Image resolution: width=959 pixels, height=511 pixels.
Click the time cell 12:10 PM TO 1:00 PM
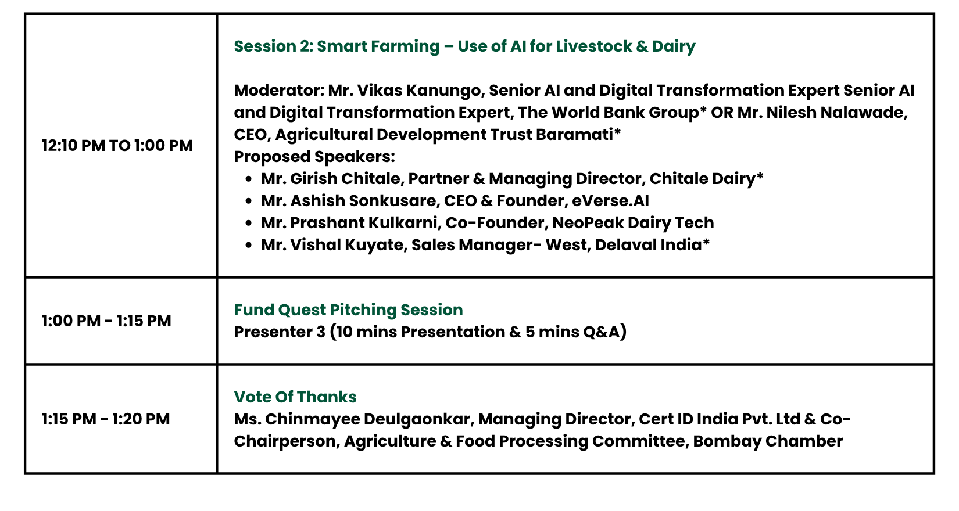[117, 146]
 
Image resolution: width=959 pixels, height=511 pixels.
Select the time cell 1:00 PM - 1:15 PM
[106, 321]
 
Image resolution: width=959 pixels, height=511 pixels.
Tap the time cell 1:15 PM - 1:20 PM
[106, 419]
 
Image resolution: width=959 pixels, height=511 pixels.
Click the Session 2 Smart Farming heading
[464, 46]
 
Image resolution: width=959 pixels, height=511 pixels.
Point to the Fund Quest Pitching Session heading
[349, 310]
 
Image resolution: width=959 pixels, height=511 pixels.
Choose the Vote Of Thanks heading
[295, 397]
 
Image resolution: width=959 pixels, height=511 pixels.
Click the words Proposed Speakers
[314, 157]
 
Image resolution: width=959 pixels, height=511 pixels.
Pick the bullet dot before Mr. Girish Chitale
[249, 179]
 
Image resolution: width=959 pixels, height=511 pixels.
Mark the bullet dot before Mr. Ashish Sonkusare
[249, 202]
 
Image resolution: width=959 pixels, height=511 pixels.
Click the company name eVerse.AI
[610, 201]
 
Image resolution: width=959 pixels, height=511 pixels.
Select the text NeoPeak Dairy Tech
[633, 223]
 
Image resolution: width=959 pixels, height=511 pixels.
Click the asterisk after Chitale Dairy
[760, 176]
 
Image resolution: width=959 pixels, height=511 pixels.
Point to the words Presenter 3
[280, 332]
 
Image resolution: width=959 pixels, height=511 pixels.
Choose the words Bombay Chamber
[768, 442]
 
